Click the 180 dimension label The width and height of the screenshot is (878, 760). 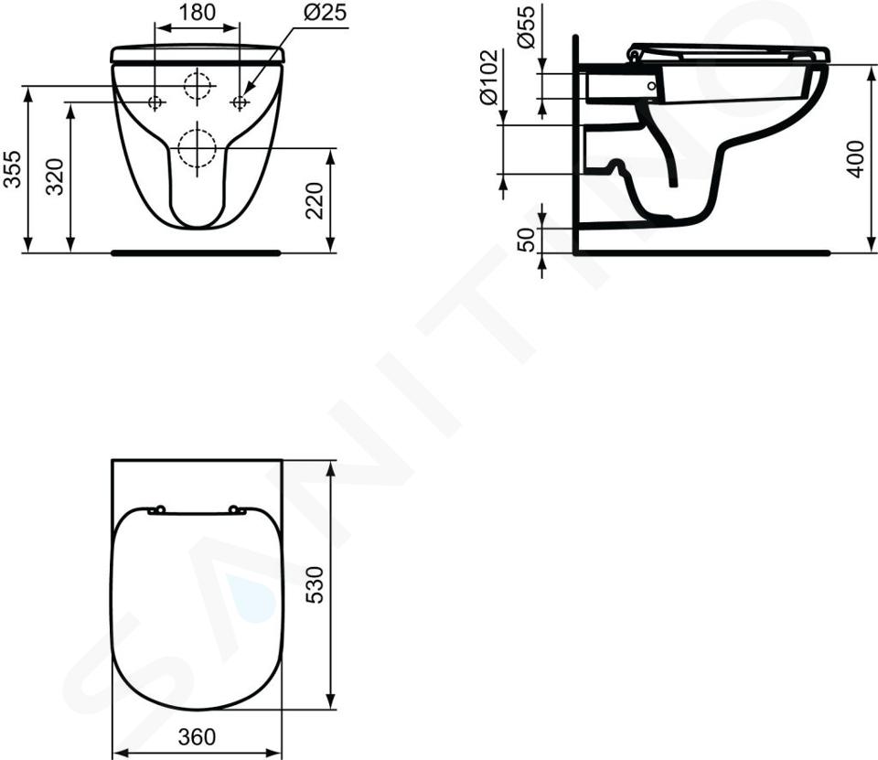coord(198,12)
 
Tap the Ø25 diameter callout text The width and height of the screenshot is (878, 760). coord(326,12)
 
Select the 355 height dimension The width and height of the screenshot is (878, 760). coord(12,168)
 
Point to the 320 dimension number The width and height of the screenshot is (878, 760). coord(54,177)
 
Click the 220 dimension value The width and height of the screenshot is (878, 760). coord(315,200)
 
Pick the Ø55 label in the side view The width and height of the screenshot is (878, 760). coord(527,27)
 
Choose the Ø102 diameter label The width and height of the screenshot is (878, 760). coord(488,77)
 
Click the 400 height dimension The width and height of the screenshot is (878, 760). coord(856,160)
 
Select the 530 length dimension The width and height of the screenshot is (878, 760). coord(315,584)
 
